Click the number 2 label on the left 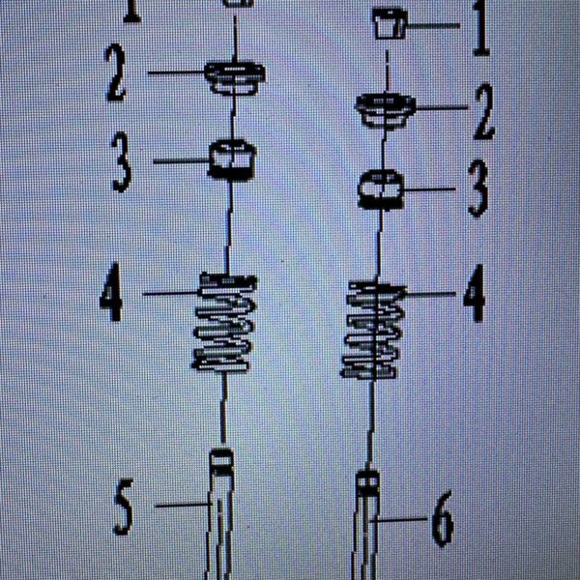pos(117,72)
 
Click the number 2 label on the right pos(484,112)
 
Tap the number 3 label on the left pos(122,162)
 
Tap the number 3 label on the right pos(478,188)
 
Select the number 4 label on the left pos(112,292)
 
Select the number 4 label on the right pos(475,293)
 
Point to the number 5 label pos(123,507)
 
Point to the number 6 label pos(443,519)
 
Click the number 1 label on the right pos(481,28)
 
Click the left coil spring pos(224,322)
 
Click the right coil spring pos(373,330)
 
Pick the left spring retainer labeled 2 pos(235,77)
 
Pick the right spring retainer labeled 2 pos(386,110)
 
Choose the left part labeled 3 pos(233,159)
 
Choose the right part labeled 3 pos(381,188)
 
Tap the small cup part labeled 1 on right pos(390,23)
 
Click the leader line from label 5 pos(183,505)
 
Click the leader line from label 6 pos(399,520)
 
